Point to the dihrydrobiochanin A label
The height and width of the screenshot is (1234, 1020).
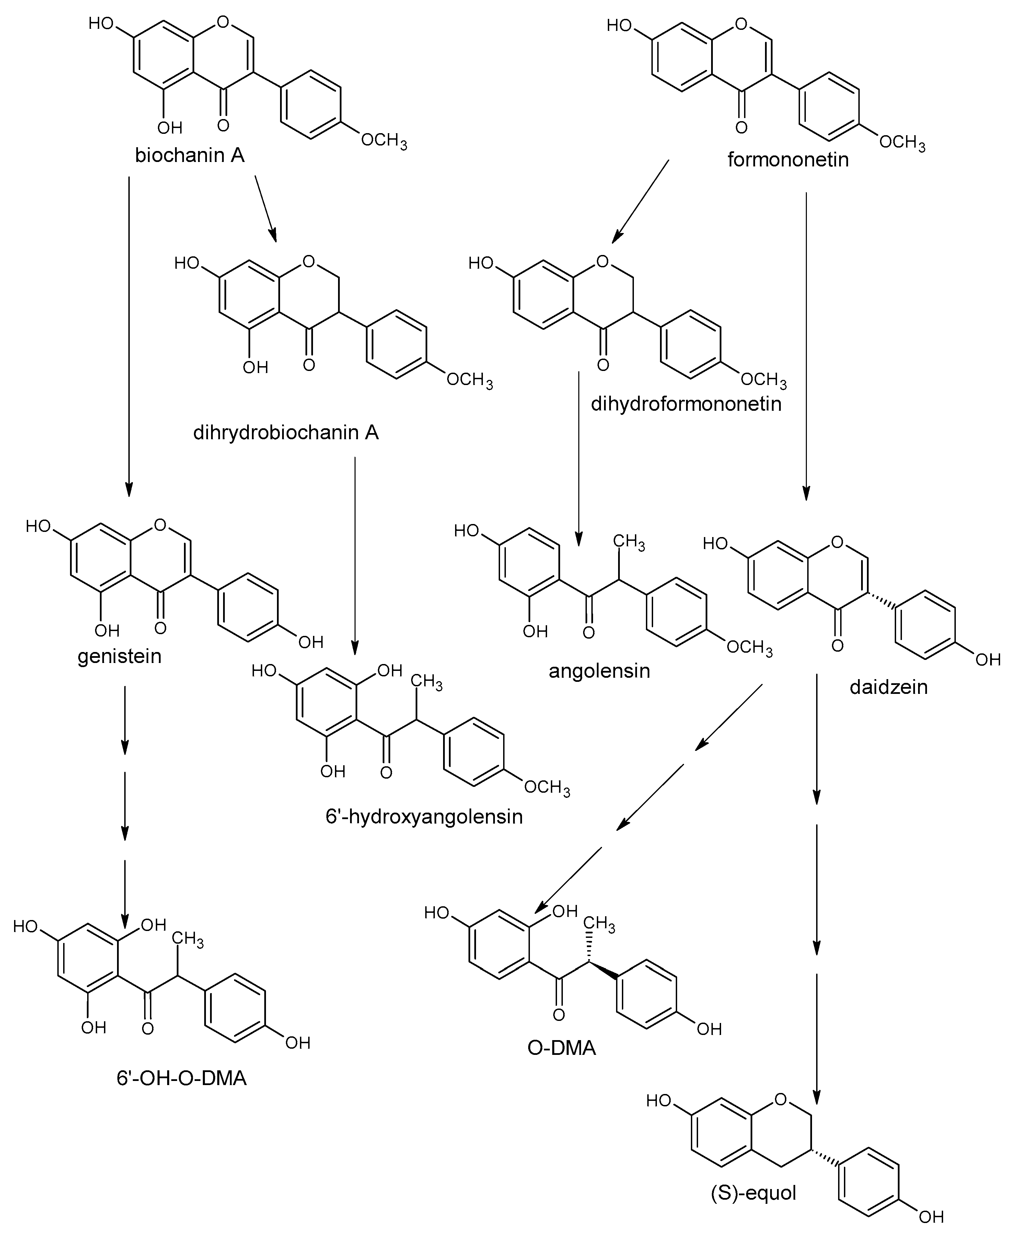click(x=286, y=433)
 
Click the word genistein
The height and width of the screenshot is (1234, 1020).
click(x=119, y=656)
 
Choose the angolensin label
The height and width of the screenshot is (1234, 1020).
click(x=599, y=671)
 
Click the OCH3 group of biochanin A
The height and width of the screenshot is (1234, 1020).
click(x=383, y=141)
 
